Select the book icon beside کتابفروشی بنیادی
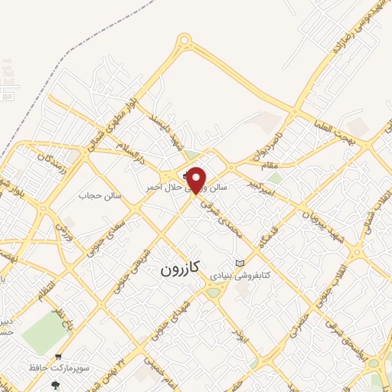point(240,263)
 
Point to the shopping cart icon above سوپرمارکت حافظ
point(58,357)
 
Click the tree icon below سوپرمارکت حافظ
point(54,385)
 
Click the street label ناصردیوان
point(273,143)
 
